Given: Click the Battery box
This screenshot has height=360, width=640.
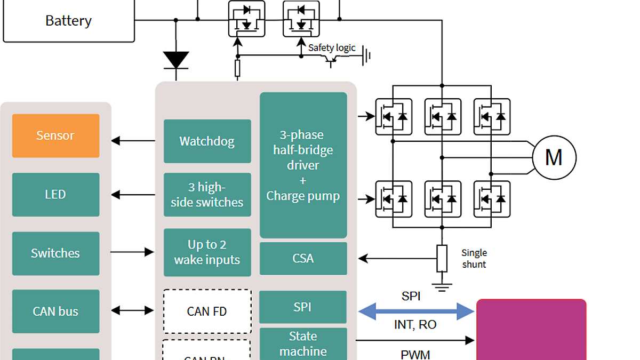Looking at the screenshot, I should click(68, 21).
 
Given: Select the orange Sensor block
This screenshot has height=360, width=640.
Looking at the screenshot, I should click(55, 135).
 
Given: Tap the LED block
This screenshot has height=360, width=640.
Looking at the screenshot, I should click(55, 195).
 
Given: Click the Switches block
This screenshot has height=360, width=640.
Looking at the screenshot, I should click(55, 253).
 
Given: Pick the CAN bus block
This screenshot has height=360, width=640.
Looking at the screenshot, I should click(55, 311).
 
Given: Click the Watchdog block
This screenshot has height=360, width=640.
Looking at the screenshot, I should click(207, 141).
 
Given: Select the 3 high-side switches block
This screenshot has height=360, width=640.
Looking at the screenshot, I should click(207, 195).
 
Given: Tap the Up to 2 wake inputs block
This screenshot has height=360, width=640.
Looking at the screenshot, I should click(207, 252).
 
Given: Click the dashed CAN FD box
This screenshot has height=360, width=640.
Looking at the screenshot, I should click(207, 311).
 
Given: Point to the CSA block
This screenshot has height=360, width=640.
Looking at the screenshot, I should click(303, 259).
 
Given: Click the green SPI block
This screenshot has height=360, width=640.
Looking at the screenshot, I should click(303, 307).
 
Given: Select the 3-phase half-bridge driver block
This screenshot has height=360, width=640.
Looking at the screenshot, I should click(303, 165).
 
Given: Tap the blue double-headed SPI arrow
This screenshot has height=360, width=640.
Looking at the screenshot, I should click(416, 311).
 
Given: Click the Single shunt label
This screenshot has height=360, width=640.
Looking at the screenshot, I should click(474, 258).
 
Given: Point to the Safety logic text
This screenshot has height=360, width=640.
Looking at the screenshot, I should click(332, 48).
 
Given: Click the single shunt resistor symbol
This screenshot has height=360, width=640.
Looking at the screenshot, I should click(442, 259).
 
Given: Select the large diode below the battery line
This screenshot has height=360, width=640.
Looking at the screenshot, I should click(175, 60).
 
